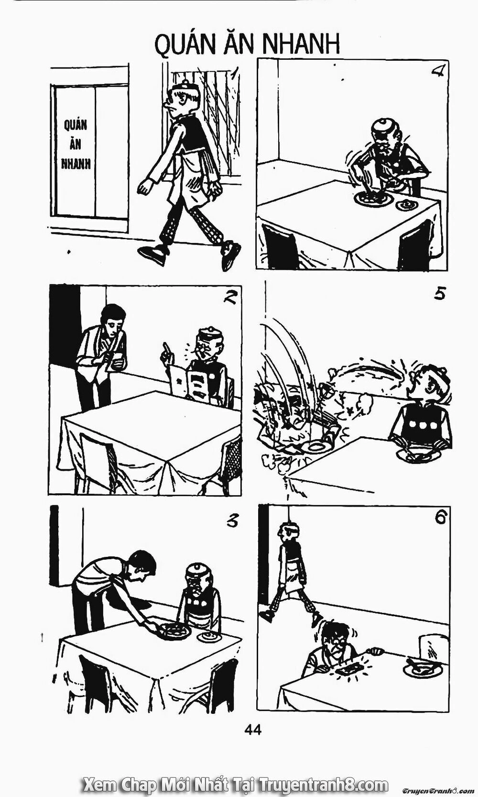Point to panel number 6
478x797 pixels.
pos(440,518)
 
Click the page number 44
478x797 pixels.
pos(252,730)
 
